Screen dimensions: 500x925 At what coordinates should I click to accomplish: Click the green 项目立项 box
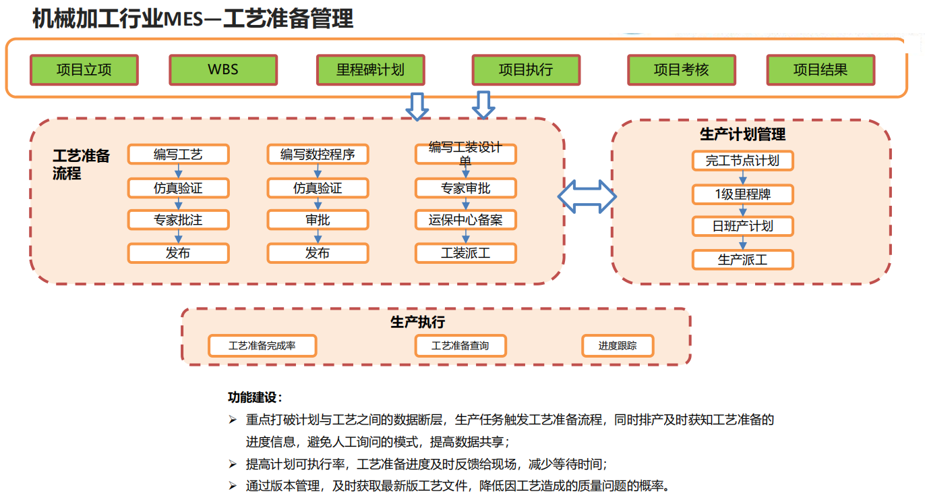tap(84, 70)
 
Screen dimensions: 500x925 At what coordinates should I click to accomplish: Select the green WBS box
tap(222, 70)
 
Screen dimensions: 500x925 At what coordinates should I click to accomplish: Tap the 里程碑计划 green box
tap(370, 70)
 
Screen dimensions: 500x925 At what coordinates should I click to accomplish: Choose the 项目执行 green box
tap(526, 70)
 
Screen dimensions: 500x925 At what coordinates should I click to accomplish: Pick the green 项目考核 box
tap(682, 70)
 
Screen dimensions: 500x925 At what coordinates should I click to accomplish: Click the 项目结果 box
tap(820, 70)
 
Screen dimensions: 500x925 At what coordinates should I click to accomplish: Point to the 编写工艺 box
tap(179, 155)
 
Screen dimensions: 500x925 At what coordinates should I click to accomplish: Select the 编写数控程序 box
tap(318, 155)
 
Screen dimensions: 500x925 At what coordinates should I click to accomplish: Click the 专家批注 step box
tap(179, 220)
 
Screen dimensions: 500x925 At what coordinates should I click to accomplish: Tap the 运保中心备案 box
tap(465, 220)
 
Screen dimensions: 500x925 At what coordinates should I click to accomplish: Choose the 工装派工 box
tap(465, 254)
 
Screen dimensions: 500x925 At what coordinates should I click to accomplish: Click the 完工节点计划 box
tap(742, 161)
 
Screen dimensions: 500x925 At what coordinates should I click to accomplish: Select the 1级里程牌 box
tap(742, 195)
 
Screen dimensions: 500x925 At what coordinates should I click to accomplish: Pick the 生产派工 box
tap(742, 260)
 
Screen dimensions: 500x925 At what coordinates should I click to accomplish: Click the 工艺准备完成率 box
tap(262, 346)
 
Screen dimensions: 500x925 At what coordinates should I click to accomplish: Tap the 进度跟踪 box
tap(618, 346)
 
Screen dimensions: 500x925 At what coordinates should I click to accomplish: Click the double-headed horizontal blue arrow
tap(587, 196)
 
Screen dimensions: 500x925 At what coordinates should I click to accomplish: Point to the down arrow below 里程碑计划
tap(417, 106)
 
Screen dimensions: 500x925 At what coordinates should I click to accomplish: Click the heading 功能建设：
tap(255, 397)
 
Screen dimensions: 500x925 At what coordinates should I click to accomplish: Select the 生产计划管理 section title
tap(742, 134)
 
